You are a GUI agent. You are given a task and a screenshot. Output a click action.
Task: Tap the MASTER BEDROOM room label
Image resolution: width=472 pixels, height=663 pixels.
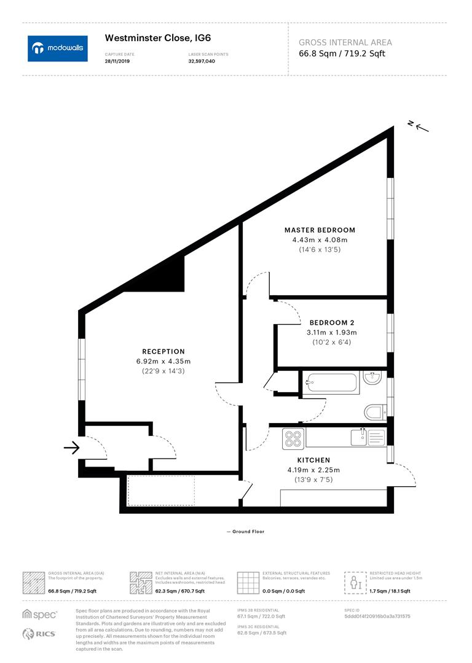coord(320,230)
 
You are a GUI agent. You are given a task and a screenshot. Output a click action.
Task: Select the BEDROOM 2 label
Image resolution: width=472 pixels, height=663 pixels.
coord(331,322)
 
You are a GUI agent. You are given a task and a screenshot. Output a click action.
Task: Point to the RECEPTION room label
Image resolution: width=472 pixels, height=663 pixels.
coord(163,352)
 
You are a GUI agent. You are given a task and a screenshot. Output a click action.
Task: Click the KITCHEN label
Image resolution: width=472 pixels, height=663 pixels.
coord(313,460)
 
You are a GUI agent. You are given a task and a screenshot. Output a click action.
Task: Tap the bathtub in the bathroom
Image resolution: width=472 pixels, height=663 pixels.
coord(332,384)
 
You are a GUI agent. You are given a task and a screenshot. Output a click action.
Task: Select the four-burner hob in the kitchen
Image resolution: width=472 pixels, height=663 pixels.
coord(293,438)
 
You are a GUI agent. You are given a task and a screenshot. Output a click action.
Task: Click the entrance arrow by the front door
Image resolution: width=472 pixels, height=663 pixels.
coord(72,448)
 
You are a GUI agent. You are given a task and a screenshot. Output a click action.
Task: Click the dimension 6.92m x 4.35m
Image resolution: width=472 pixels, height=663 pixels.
coord(163,362)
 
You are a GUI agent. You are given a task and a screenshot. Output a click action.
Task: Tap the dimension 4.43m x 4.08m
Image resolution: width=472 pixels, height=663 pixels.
coord(320,240)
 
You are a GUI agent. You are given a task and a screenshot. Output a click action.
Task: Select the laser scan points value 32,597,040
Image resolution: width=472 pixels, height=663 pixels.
coord(202,61)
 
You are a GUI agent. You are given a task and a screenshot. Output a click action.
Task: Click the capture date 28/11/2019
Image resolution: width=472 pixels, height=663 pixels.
coord(118,61)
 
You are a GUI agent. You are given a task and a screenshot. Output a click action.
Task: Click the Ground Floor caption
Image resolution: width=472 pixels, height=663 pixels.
coord(245,532)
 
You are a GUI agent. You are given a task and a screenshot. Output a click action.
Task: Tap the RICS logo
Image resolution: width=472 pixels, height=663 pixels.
coord(39,634)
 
